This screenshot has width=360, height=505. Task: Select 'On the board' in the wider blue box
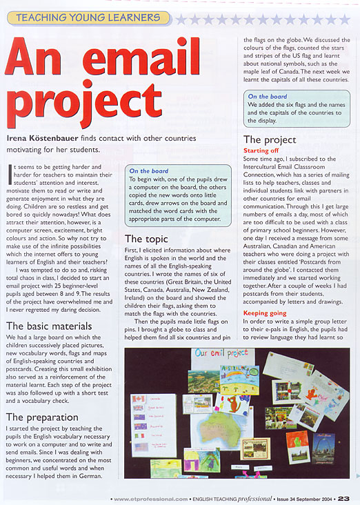click(x=149, y=171)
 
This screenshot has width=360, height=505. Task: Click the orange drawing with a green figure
click(x=297, y=446)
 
